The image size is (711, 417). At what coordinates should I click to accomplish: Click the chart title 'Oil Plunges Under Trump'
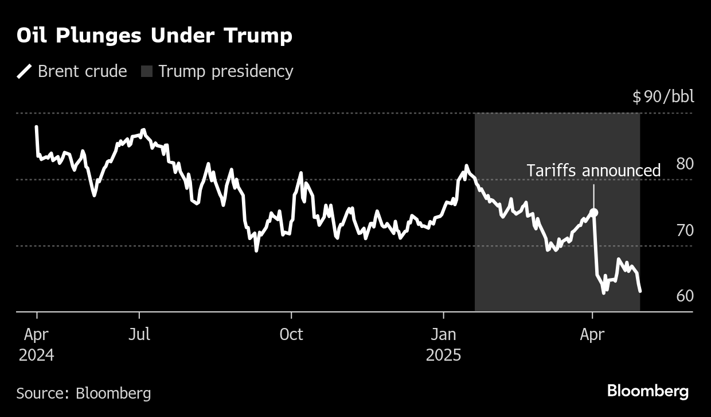click(x=154, y=36)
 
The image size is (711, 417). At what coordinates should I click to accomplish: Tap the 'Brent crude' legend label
click(x=82, y=71)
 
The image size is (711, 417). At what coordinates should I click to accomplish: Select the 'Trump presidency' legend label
click(x=225, y=71)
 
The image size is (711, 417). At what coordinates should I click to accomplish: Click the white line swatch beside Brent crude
click(x=25, y=71)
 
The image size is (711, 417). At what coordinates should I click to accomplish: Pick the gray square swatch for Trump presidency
click(x=147, y=72)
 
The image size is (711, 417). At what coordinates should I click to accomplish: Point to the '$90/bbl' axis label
click(x=663, y=96)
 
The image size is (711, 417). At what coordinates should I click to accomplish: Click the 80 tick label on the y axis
click(x=685, y=164)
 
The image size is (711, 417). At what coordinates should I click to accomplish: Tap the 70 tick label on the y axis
click(x=685, y=230)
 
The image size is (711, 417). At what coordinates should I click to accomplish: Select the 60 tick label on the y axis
click(x=685, y=296)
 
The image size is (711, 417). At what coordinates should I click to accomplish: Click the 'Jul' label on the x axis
click(x=139, y=334)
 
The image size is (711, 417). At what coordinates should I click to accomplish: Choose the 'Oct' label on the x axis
click(x=291, y=334)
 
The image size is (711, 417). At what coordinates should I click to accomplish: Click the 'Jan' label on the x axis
click(x=443, y=334)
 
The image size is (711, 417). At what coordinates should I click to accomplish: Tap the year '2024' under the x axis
click(x=36, y=356)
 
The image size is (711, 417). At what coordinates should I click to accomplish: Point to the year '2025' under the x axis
click(x=443, y=356)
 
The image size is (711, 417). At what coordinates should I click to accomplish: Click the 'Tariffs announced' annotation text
click(x=593, y=171)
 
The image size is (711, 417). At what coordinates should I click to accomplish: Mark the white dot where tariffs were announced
click(x=594, y=213)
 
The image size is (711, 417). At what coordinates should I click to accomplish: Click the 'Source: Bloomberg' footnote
click(x=84, y=393)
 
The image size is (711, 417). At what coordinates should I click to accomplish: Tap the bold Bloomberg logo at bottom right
click(x=647, y=392)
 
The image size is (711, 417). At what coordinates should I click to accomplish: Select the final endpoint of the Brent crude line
click(x=640, y=291)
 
